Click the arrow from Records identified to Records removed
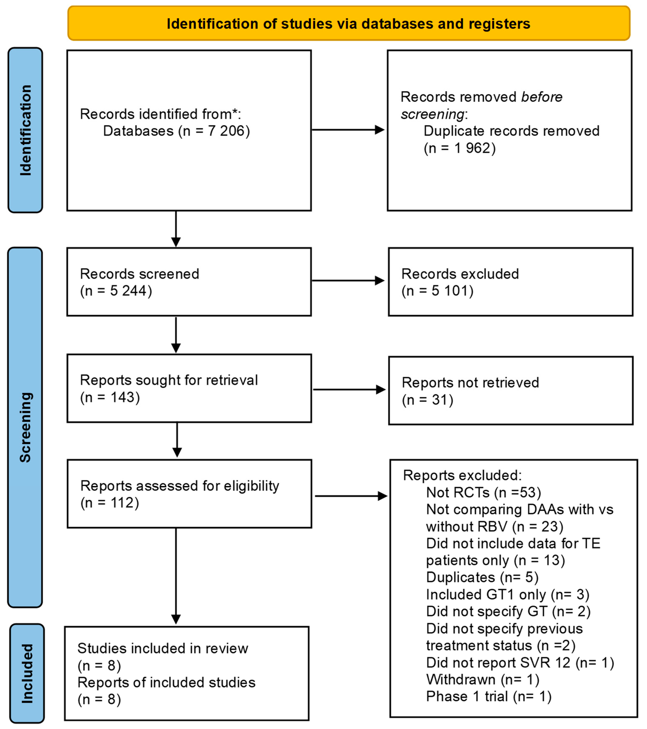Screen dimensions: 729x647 348,130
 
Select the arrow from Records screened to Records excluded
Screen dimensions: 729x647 348,281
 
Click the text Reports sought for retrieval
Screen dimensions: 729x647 169,380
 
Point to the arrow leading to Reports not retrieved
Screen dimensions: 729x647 349,389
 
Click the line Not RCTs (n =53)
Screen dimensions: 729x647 483,492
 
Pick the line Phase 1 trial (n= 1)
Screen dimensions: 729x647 489,696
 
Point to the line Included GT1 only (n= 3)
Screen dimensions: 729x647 507,594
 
